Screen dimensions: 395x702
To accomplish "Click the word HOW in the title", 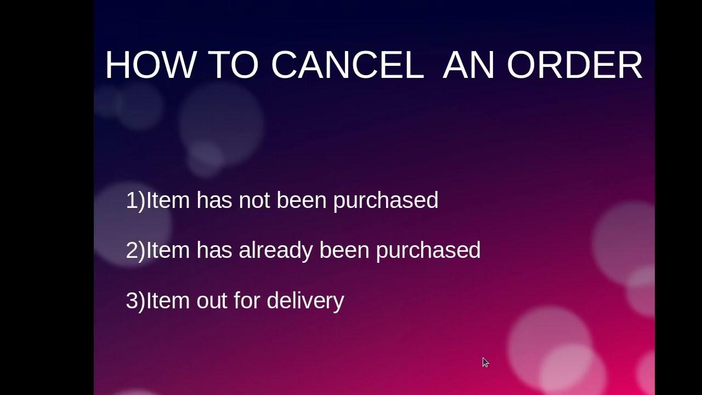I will point(150,65).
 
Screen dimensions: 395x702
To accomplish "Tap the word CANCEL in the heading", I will point(347,65).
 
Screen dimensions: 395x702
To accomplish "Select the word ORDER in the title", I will point(574,65).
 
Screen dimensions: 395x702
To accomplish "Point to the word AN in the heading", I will point(468,65).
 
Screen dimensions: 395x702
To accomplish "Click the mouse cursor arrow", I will point(485,362).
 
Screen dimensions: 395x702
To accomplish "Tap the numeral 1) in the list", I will point(135,200).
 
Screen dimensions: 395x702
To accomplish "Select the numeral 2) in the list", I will point(135,250).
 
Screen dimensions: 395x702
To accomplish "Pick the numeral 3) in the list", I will point(135,301).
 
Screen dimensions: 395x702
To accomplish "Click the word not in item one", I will point(254,200).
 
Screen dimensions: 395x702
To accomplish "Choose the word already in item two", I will point(276,250).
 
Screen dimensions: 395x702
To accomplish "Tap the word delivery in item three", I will point(305,301).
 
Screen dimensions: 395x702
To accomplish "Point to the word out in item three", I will point(212,301).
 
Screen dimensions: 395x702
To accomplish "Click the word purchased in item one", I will point(386,200).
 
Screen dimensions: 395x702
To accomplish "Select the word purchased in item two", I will point(428,250).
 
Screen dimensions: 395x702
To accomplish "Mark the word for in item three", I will point(246,301).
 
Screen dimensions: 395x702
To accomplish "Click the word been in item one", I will point(302,200).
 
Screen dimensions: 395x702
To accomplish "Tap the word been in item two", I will point(344,250).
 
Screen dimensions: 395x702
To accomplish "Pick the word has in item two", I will point(215,250).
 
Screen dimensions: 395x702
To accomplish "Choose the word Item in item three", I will point(168,301).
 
